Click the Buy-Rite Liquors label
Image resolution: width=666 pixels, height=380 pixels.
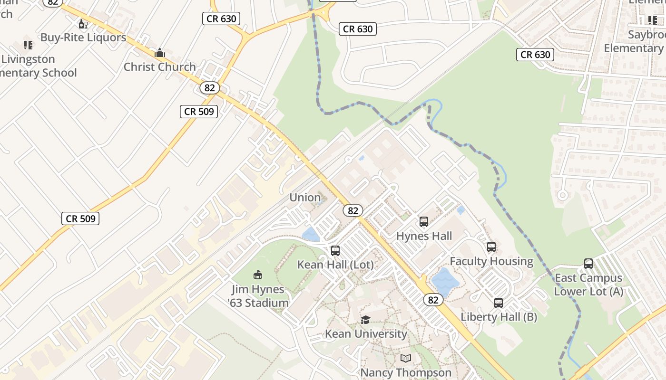(83, 38)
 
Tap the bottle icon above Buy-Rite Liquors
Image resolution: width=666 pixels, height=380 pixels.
(83, 24)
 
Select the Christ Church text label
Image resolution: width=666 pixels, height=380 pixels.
(160, 67)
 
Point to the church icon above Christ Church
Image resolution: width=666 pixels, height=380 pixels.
(160, 53)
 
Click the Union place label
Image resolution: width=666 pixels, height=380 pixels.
(305, 198)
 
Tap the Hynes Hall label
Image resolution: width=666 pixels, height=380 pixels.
(424, 236)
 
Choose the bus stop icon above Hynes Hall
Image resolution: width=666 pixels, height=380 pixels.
(424, 222)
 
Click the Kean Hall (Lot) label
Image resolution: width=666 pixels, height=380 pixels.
(335, 265)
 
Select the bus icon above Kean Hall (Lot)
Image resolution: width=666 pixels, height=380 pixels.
(335, 251)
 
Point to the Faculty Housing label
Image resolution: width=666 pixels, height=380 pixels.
(491, 261)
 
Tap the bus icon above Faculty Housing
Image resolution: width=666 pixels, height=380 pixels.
(491, 247)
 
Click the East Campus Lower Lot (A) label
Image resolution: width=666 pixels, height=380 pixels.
(588, 285)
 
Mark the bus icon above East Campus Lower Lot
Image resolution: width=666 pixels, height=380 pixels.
(588, 264)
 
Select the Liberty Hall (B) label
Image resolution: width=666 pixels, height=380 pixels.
(499, 317)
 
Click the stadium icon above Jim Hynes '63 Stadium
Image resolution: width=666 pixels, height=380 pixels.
(258, 275)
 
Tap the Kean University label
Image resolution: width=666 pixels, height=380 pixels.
(366, 334)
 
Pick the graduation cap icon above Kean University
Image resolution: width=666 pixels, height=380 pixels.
(365, 320)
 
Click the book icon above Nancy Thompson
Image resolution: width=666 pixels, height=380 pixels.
(406, 359)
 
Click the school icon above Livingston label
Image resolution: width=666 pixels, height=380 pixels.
(28, 45)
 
